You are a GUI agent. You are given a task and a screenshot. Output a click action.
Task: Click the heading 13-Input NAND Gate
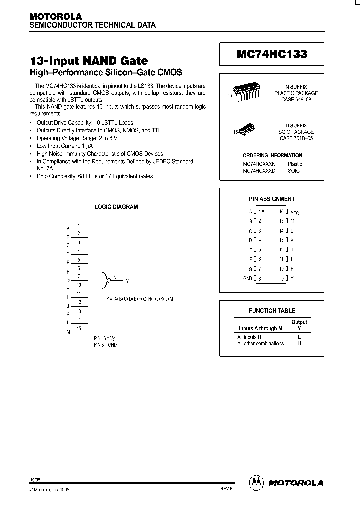coord(89,61)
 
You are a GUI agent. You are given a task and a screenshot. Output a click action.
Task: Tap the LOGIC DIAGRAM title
coord(116,207)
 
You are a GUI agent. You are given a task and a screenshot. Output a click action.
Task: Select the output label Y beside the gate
coord(127,281)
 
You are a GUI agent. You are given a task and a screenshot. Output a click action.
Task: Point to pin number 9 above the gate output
coord(115,276)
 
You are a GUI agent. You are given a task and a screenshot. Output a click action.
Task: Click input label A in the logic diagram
coord(68,229)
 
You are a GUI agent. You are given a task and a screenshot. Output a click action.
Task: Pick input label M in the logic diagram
coord(68,332)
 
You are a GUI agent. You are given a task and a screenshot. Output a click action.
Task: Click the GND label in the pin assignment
coord(248,278)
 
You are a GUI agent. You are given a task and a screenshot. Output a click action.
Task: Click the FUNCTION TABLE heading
coord(272,311)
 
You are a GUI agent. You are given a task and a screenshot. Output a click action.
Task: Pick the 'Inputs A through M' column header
coord(260,328)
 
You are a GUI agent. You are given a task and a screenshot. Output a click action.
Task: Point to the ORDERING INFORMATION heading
coord(272,155)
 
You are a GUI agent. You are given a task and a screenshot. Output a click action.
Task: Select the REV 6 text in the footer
coord(226,489)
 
